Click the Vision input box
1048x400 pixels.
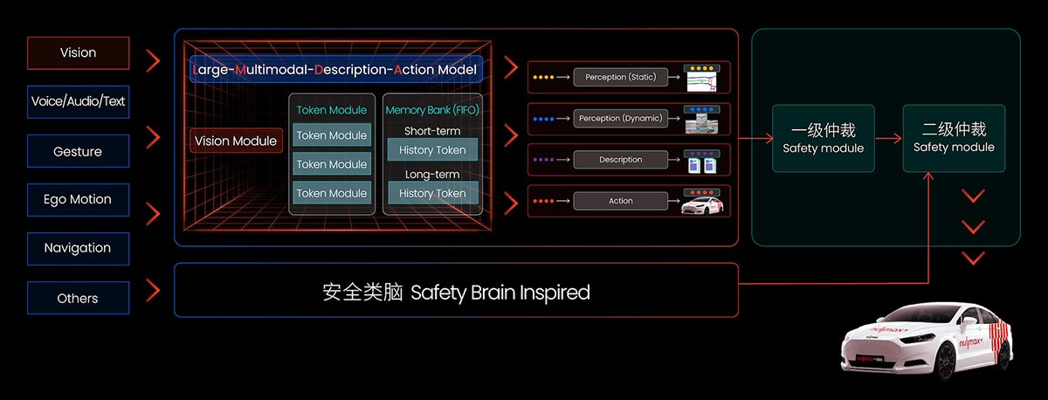pos(78,52)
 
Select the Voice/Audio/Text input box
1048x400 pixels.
pos(78,101)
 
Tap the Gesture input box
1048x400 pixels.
pos(78,151)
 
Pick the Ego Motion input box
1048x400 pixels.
pos(78,199)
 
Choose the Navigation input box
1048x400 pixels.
pos(78,248)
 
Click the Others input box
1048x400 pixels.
pos(78,298)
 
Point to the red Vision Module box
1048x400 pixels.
pos(236,141)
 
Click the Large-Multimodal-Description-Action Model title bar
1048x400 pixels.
pos(336,68)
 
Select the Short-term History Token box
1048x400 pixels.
pos(432,150)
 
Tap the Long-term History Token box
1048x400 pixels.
pos(432,193)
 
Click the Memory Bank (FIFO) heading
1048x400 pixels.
pos(432,110)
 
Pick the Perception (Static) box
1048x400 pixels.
pos(620,77)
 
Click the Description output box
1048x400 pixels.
pos(620,160)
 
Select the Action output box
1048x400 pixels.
pos(620,201)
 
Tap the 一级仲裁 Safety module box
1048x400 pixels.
pos(824,138)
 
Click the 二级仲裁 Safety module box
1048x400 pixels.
pos(954,138)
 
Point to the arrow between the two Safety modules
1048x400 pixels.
pos(888,138)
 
